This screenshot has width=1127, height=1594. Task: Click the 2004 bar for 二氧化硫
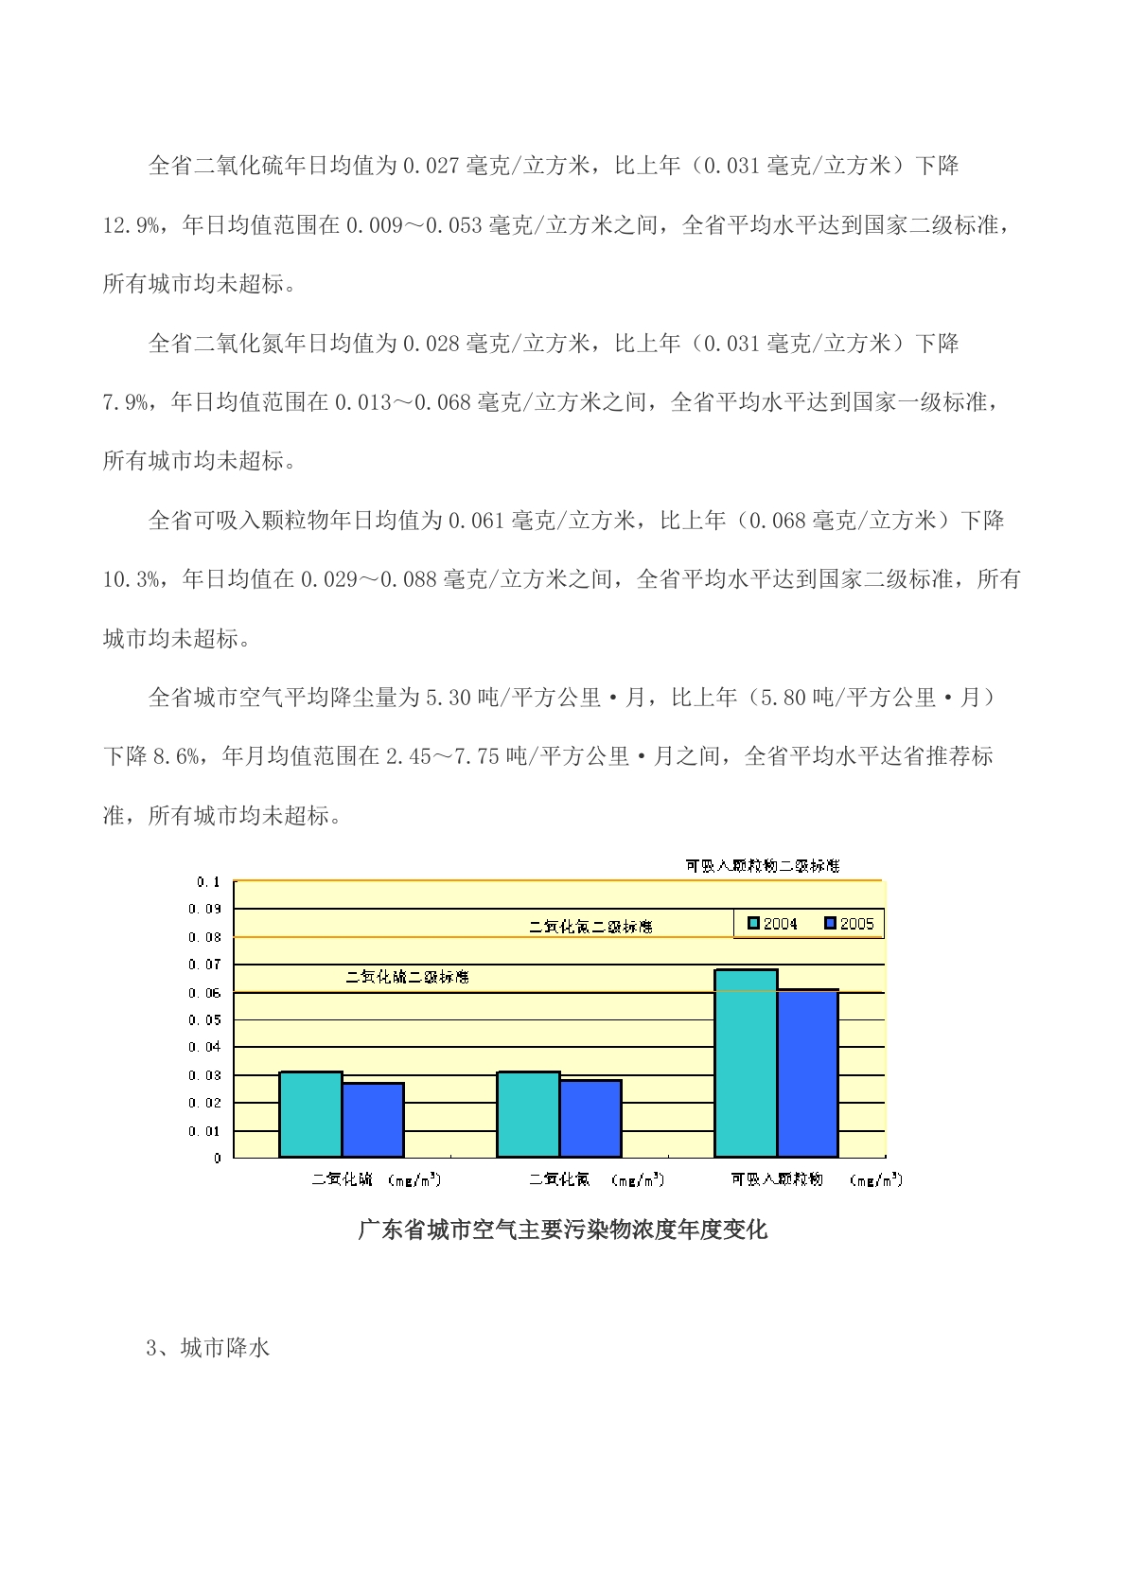[x=310, y=1114]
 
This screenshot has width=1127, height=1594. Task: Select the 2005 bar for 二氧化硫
[x=373, y=1120]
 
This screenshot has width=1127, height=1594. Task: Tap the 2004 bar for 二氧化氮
[x=528, y=1114]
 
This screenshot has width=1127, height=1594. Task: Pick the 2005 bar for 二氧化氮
[x=590, y=1118]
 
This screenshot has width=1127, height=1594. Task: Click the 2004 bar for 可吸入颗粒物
[x=746, y=1063]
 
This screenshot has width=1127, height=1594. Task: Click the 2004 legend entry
[x=773, y=924]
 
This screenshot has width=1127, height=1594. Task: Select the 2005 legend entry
[x=849, y=924]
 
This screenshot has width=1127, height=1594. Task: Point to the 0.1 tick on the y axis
[x=208, y=882]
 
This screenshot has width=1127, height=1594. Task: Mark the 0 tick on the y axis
[x=218, y=1158]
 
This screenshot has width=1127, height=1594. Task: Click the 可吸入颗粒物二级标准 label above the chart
[x=762, y=866]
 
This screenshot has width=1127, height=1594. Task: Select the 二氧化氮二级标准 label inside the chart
[x=590, y=927]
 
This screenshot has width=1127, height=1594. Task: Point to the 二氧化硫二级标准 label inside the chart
[x=407, y=977]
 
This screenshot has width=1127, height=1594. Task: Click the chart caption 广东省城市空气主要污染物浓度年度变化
[x=563, y=1231]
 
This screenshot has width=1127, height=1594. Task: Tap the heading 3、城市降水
[x=208, y=1348]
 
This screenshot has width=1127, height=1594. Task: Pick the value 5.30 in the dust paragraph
[x=448, y=699]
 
